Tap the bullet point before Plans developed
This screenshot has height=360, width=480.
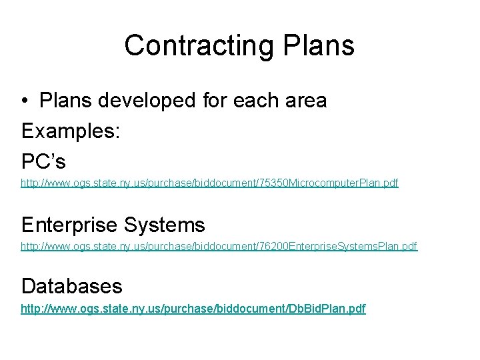pos(25,101)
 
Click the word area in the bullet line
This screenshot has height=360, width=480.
pos(305,101)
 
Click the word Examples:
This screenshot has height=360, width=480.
pos(70,131)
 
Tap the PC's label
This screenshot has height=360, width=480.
pos(44,161)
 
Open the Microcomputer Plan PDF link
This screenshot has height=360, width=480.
pos(209,182)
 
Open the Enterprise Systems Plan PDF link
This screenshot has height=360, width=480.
pos(219,247)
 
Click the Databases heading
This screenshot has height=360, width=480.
pos(72,285)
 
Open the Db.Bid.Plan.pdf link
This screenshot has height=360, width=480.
pos(193,309)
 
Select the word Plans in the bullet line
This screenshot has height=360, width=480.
pos(65,101)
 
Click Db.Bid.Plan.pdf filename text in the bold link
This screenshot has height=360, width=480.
pos(328,309)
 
